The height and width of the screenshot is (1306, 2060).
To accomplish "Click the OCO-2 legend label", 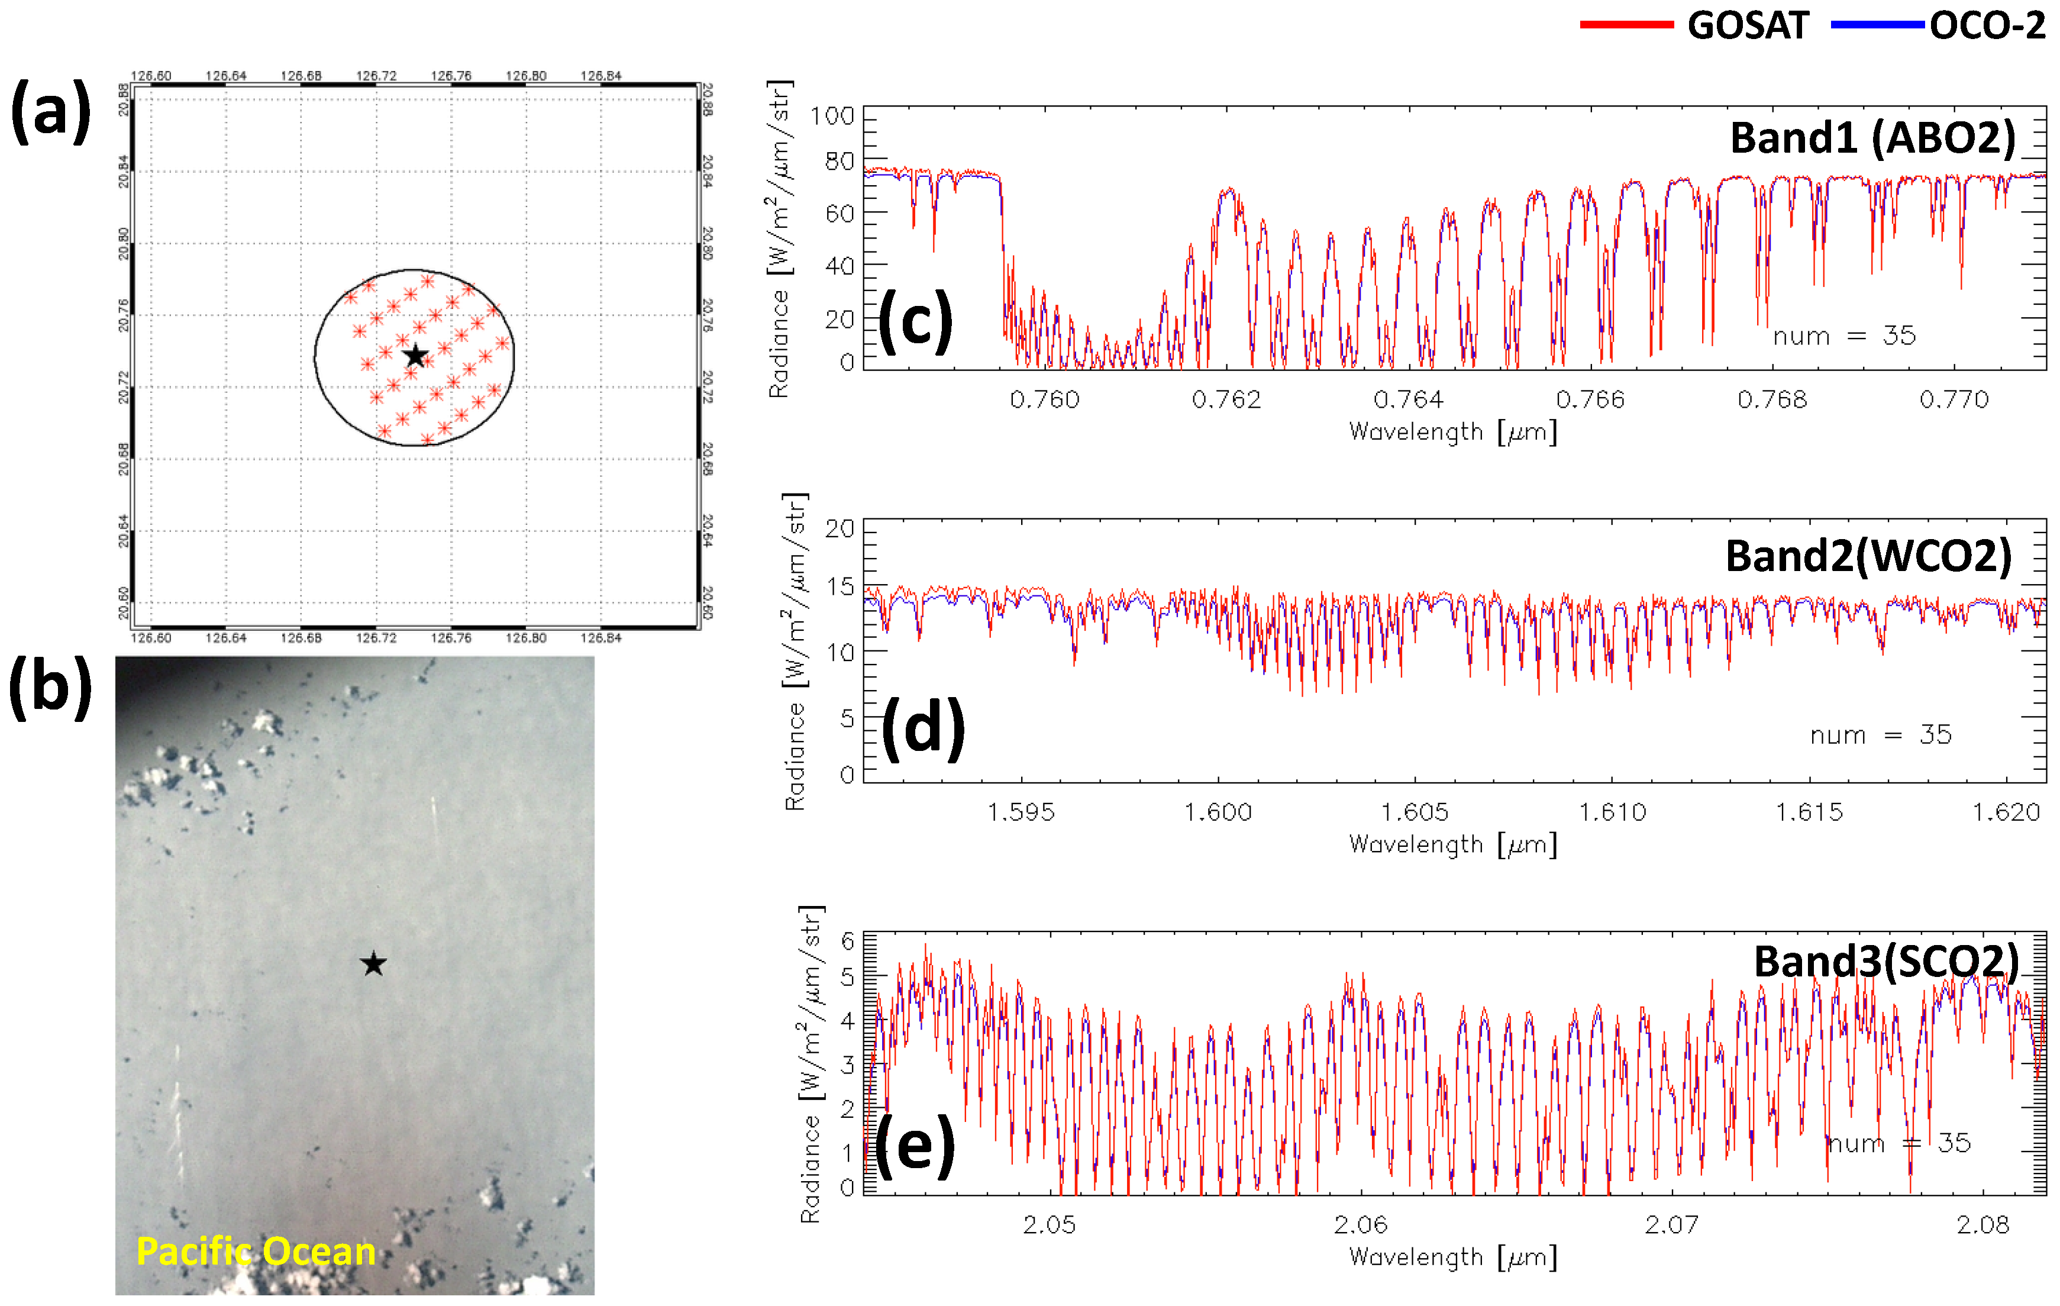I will coord(1987,25).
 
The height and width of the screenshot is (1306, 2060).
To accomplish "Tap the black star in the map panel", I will coord(415,355).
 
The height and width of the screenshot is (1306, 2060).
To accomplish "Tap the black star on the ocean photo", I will coord(373,963).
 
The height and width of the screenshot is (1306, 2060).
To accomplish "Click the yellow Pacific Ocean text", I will coord(256,1251).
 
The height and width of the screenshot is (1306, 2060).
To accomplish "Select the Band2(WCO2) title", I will coord(1868,556).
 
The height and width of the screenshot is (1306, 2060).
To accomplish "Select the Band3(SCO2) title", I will coord(1885,960).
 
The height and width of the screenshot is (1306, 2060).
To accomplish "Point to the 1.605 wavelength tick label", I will coord(1415,811).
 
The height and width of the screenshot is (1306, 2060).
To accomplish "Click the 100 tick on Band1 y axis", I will coord(832,115).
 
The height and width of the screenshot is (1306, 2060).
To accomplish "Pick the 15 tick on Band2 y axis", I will coord(840,586).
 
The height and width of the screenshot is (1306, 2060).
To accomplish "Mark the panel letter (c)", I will coord(915,321).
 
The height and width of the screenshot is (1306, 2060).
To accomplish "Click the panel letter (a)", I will coord(50,111).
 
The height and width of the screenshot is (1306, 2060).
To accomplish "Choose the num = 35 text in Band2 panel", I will coord(1880,734).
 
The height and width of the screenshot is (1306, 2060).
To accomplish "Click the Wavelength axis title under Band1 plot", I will coord(1452,431).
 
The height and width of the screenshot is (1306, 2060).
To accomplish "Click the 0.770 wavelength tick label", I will coord(1954,399).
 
